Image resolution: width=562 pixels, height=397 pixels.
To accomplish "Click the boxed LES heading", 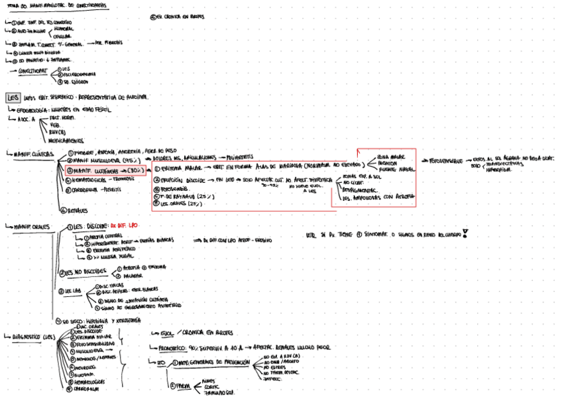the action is tap(12, 97).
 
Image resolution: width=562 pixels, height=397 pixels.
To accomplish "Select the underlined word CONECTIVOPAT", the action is tap(32, 69).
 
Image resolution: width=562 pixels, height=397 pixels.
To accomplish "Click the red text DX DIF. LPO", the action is tap(124, 225).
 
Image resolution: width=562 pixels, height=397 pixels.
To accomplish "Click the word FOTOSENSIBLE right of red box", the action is tap(447, 161).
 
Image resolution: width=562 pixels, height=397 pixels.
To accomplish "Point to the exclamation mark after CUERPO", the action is tap(465, 233).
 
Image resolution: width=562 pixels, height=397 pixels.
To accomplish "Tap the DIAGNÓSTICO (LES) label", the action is tap(31, 335).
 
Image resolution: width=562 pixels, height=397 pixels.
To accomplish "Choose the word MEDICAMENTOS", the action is tap(67, 140).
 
